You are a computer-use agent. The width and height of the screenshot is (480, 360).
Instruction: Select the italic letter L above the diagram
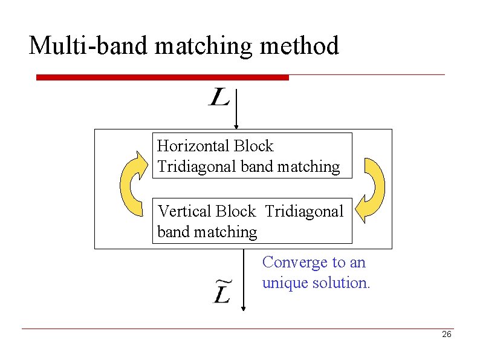tap(219, 97)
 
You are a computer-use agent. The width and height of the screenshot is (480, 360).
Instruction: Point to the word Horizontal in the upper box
tap(193, 146)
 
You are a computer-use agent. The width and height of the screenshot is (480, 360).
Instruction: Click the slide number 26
tap(447, 335)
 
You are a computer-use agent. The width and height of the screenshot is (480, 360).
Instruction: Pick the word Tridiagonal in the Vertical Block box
tap(304, 211)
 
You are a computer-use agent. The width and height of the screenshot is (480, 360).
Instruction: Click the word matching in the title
tap(199, 45)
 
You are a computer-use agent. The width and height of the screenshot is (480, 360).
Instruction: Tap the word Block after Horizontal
tap(253, 146)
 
